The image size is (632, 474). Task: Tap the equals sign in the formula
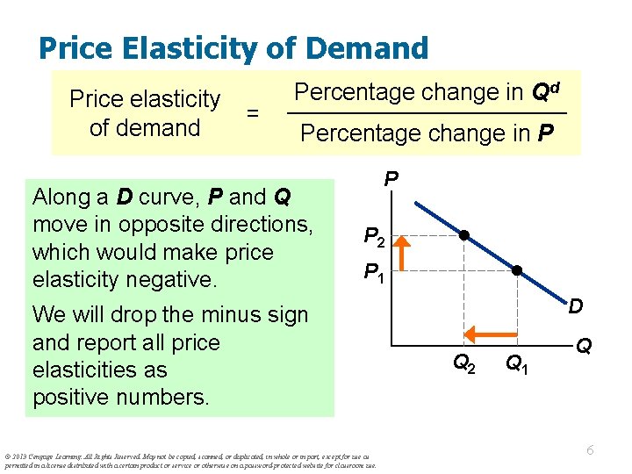pyautogui.click(x=253, y=113)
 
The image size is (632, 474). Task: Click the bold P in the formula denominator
pyautogui.click(x=546, y=133)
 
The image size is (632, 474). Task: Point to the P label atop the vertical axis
pyautogui.click(x=391, y=180)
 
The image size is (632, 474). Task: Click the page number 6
pyautogui.click(x=591, y=450)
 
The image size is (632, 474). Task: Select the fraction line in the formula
pyautogui.click(x=427, y=114)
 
